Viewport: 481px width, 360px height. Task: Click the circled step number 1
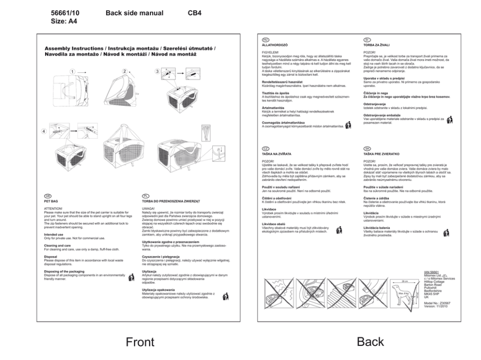pos(72,71)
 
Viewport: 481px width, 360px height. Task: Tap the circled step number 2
pos(125,71)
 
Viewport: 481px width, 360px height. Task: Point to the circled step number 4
pos(44,131)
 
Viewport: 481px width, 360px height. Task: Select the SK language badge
pos(367,148)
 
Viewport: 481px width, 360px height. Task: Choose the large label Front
pos(140,342)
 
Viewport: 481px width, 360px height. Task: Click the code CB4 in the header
pos(194,13)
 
